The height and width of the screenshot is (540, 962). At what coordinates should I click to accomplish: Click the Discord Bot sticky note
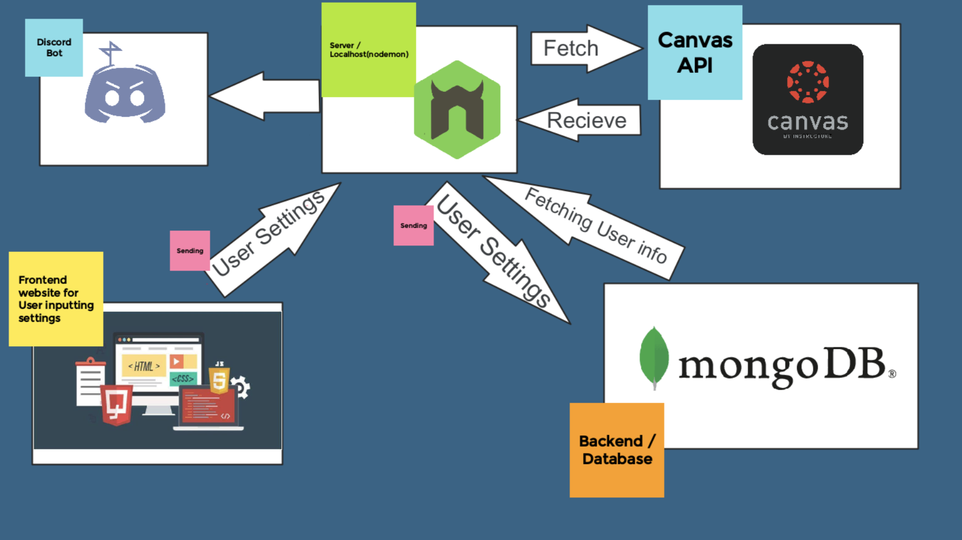(x=54, y=47)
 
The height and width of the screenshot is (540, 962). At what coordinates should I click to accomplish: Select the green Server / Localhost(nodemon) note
(x=368, y=50)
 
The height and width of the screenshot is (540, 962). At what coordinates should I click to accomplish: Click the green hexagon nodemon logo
(x=457, y=109)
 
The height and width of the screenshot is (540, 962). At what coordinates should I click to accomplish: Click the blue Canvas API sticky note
(x=695, y=52)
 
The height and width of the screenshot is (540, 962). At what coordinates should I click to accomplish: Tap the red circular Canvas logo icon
(x=808, y=82)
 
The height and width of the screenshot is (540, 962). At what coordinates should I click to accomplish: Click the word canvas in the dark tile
(x=808, y=122)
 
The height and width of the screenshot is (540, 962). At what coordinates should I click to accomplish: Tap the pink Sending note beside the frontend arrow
(x=190, y=251)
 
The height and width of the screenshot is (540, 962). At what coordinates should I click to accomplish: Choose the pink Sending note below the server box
(x=413, y=226)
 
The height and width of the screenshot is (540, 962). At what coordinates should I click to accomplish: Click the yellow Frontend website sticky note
(x=56, y=299)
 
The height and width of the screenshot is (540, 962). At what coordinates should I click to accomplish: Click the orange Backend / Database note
(x=617, y=450)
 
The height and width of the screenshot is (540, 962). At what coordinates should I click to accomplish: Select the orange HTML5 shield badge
(x=219, y=380)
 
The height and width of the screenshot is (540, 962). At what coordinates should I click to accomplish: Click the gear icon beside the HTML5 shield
(x=241, y=387)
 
